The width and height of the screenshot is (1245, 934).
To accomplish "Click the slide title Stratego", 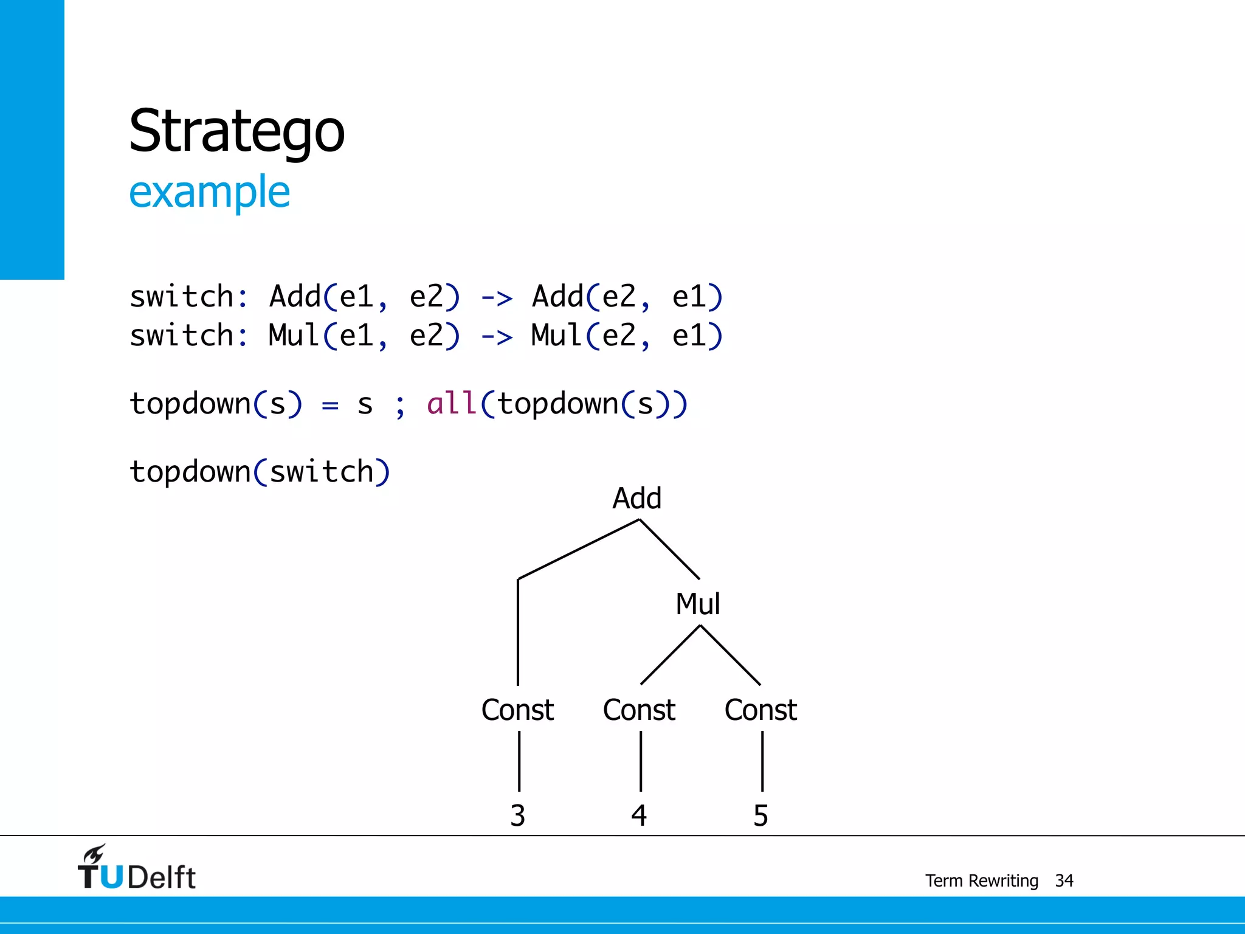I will [x=236, y=131].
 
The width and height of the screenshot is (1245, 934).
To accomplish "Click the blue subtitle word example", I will [x=209, y=192].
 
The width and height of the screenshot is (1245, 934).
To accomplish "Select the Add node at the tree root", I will [x=636, y=499].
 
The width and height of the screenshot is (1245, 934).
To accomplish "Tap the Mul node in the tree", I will [x=698, y=604].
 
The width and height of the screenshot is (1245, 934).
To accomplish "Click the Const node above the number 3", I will [x=517, y=710].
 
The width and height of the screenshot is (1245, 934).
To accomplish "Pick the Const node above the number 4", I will [x=639, y=710].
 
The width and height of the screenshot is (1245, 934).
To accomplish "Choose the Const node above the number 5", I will [x=760, y=710].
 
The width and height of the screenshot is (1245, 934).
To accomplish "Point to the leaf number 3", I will [x=517, y=815].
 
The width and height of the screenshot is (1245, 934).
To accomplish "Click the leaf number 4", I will [x=639, y=815].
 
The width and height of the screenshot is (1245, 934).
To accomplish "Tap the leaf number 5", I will [x=760, y=815].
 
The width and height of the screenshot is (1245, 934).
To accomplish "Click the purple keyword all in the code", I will [x=451, y=404].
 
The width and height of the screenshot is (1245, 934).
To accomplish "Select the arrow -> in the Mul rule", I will [x=497, y=337].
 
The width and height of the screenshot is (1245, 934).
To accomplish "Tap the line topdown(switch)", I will [x=260, y=472].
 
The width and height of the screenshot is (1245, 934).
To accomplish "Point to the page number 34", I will [x=1064, y=880].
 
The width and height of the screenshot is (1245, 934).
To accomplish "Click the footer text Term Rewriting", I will [x=981, y=880].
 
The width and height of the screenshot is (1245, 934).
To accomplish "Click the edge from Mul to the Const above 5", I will [x=730, y=655].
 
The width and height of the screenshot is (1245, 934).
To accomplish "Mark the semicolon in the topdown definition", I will [x=399, y=406].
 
